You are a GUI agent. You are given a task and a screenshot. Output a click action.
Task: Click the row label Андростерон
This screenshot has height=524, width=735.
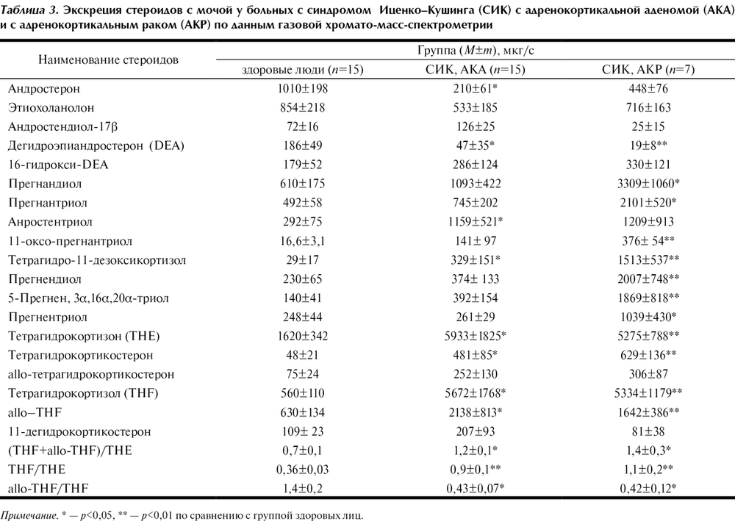[44, 89]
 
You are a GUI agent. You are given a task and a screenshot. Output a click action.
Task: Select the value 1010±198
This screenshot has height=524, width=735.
[302, 88]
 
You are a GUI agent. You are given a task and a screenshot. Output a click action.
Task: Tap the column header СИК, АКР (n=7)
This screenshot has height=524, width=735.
[648, 70]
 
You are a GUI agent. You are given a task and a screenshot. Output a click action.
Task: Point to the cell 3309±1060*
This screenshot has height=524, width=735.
[648, 183]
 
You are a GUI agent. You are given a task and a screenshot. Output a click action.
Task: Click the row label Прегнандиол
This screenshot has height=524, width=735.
[45, 184]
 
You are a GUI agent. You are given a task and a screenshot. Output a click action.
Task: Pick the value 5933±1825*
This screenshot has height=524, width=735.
[476, 336]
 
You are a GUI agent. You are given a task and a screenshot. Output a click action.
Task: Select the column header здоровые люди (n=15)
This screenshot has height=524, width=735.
[302, 70]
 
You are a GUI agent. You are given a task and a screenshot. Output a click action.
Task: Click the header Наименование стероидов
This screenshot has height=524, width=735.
[108, 60]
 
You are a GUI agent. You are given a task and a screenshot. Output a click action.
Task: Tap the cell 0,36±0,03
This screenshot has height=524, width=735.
[302, 470]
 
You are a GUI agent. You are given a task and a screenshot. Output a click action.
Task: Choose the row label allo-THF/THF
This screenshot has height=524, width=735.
[49, 489]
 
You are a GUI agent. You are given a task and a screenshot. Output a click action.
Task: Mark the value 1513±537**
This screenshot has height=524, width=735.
[648, 259]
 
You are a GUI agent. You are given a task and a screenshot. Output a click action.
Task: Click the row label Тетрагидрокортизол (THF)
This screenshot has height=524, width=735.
[83, 392]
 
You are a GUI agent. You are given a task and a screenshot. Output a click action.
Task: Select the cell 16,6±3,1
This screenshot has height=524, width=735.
[302, 241]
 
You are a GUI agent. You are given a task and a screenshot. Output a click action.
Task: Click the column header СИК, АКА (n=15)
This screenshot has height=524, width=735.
[476, 70]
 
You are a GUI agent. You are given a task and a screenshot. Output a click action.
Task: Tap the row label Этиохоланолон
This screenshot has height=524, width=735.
[51, 108]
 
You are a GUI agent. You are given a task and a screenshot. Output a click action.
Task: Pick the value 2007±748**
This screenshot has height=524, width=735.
[648, 279]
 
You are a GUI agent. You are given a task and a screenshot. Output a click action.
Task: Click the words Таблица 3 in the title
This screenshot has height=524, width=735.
[28, 11]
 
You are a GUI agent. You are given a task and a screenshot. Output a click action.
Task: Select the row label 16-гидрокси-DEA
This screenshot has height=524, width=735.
[58, 165]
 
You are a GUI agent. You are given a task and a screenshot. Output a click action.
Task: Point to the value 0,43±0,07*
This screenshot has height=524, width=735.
[476, 489]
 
